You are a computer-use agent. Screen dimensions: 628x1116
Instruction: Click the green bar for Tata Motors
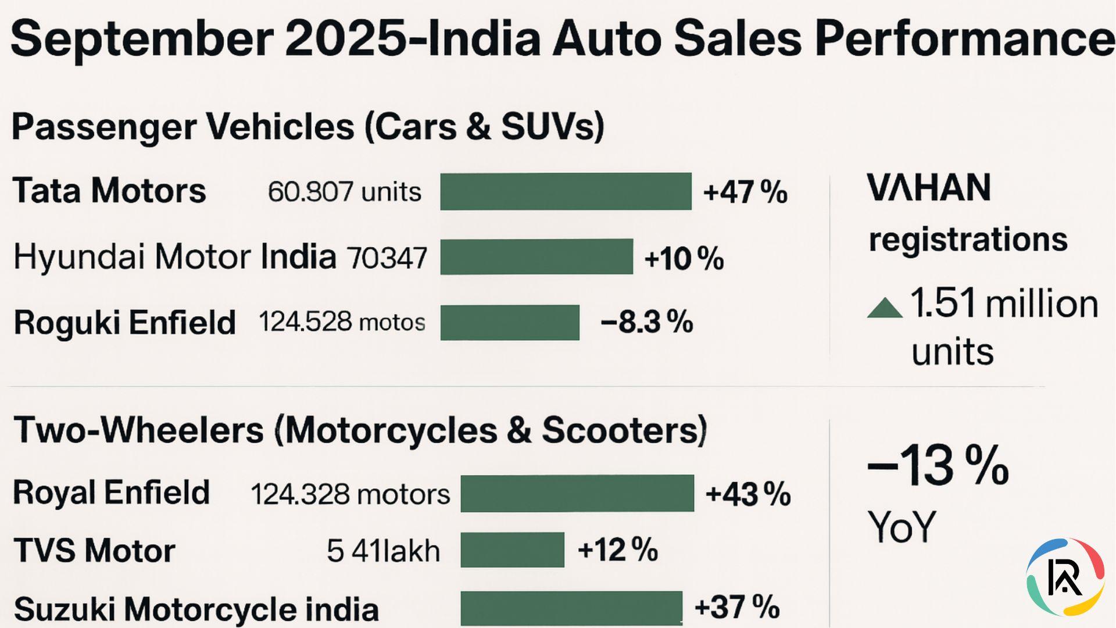[x=566, y=191]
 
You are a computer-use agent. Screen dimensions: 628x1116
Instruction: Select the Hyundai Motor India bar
[x=536, y=256]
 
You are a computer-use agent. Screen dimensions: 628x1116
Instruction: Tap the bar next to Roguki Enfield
[x=510, y=322]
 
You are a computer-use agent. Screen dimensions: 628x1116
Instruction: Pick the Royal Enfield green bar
[x=577, y=493]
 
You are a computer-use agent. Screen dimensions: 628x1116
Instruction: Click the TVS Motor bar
[x=512, y=549]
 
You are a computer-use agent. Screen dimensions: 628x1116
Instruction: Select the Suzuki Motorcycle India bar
[x=571, y=608]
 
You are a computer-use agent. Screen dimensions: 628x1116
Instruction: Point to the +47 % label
[x=745, y=192]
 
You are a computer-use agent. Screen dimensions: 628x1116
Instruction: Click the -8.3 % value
[x=646, y=322]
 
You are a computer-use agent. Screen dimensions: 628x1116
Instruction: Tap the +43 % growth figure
[x=747, y=494]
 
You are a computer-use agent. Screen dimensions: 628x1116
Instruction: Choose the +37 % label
[x=736, y=607]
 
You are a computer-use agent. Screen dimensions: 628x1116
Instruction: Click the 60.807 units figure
[x=344, y=191]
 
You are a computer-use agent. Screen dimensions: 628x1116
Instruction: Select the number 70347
[x=387, y=258]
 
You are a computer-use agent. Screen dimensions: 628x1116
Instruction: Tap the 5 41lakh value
[x=383, y=550]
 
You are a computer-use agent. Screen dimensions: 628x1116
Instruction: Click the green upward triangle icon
[x=884, y=308]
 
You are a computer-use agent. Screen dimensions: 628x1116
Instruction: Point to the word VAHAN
[x=928, y=188]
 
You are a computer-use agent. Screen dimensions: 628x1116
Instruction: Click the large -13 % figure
[x=937, y=465]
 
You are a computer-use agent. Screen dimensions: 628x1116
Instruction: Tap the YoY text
[x=902, y=527]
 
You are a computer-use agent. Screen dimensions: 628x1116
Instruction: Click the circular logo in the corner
[x=1065, y=577]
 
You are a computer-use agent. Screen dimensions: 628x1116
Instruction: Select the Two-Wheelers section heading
[x=360, y=430]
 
